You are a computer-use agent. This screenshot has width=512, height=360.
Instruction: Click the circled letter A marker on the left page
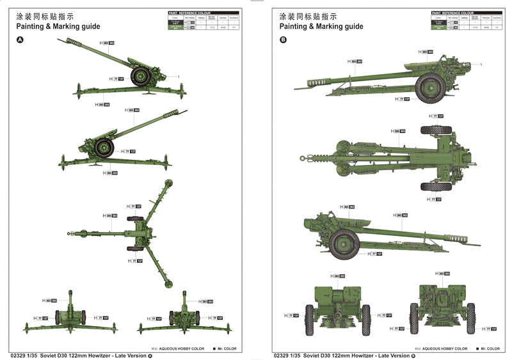pyautogui.click(x=19, y=40)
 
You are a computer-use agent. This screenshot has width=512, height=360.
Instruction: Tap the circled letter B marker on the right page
pyautogui.click(x=283, y=40)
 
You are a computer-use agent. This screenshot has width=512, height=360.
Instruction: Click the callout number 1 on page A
pyautogui.click(x=179, y=77)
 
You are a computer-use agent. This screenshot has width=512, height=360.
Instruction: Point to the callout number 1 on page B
pyautogui.click(x=480, y=65)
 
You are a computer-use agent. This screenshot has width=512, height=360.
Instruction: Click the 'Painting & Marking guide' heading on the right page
pyautogui.click(x=321, y=26)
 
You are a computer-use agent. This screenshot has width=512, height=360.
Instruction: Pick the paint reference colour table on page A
pyautogui.click(x=204, y=21)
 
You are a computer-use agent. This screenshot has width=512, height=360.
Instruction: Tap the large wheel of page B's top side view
pyautogui.click(x=430, y=87)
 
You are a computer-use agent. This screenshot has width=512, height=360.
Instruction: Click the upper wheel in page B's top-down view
pyautogui.click(x=436, y=130)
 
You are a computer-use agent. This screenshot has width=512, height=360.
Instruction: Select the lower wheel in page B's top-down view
pyautogui.click(x=436, y=186)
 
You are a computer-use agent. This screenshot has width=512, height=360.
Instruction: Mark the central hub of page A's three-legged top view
pyautogui.click(x=142, y=232)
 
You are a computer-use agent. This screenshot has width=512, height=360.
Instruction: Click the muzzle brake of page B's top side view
pyautogui.click(x=320, y=82)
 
